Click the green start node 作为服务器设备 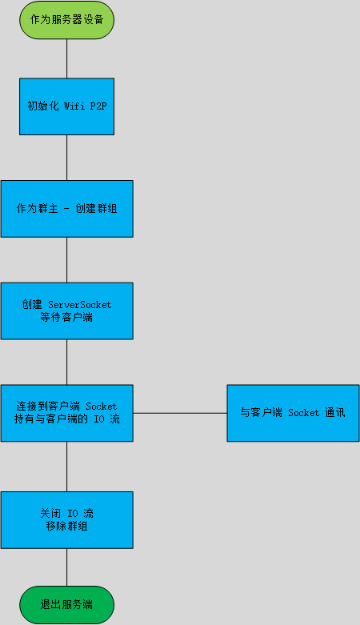click(66, 19)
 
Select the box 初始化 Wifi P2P click(66, 106)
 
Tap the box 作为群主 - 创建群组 click(66, 208)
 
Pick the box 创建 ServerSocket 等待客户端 click(66, 310)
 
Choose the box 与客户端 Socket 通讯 click(292, 413)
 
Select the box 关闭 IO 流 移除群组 click(66, 519)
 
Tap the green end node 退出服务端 click(66, 604)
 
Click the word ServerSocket click(80, 305)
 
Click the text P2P click(97, 106)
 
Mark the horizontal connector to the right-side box click(180, 413)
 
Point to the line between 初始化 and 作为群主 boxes click(66, 157)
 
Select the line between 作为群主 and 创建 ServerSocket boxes click(66, 259)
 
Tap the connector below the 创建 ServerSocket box click(66, 362)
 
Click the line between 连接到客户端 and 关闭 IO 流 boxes click(66, 466)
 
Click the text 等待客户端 click(66, 317)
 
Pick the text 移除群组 click(66, 526)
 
